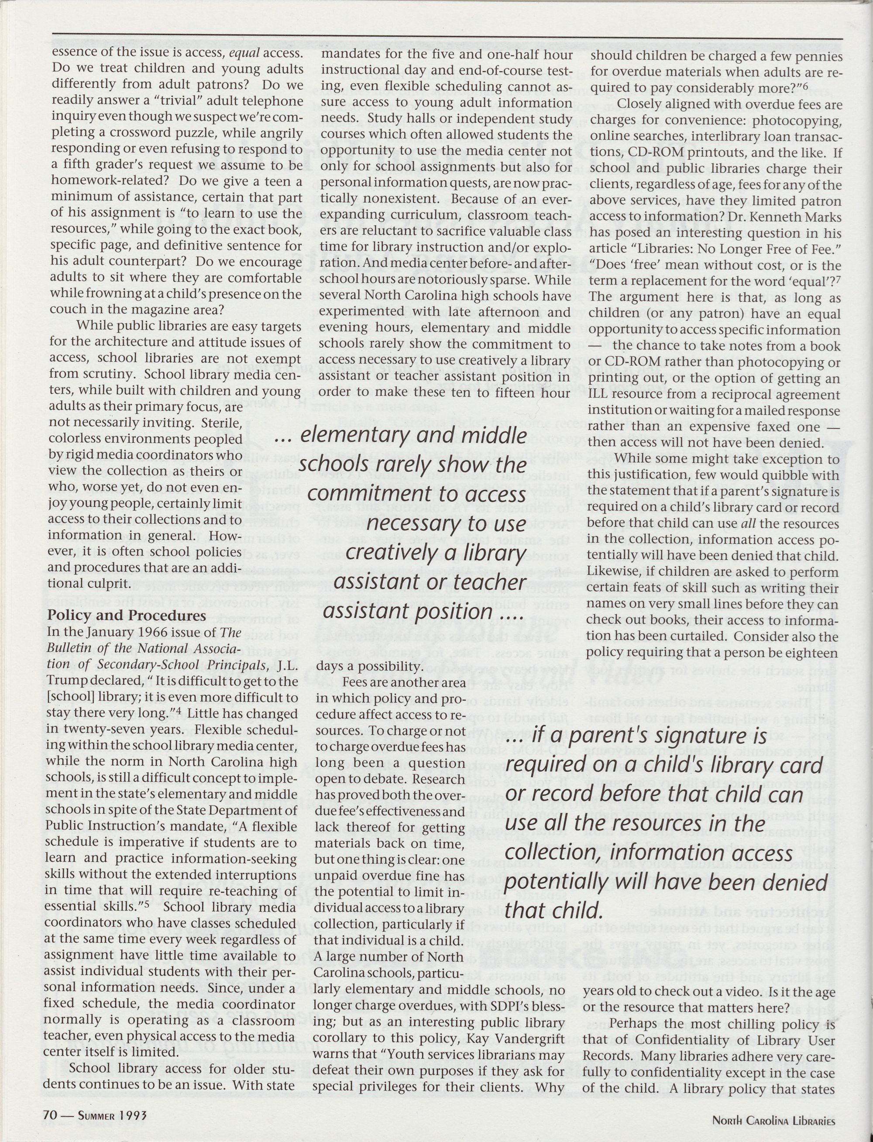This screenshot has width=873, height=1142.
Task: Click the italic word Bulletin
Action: [67, 649]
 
